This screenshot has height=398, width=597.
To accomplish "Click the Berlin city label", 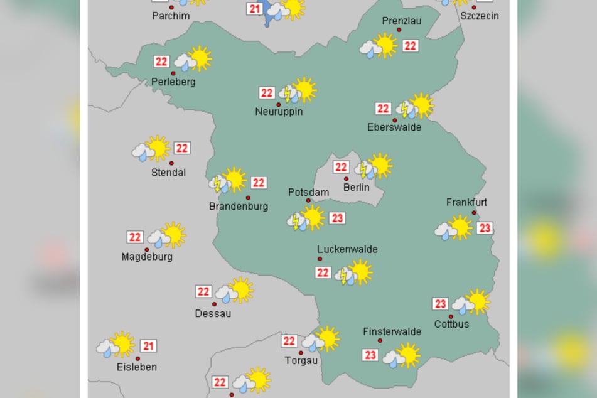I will [x=356, y=187].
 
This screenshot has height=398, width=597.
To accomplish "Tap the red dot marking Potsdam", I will [x=308, y=201].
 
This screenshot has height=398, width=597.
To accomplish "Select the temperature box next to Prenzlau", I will [x=411, y=46].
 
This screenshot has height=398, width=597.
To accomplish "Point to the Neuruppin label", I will [x=279, y=112].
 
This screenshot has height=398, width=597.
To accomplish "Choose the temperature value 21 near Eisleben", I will [x=148, y=346].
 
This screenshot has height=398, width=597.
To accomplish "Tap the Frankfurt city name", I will [x=466, y=202].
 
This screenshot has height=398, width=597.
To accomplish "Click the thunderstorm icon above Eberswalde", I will [x=415, y=106].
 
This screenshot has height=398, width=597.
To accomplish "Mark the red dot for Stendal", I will [x=171, y=163].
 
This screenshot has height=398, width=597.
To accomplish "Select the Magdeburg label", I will [x=147, y=257].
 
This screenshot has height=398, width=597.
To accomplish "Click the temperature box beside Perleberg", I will [x=161, y=62].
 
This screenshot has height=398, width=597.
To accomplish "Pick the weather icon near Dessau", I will [x=235, y=291].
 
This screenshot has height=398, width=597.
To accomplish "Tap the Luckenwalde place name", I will [x=347, y=249].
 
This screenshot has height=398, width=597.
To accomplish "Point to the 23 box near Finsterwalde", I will [x=370, y=355].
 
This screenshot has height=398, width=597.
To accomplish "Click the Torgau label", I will [x=301, y=360].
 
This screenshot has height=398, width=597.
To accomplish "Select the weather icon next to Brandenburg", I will [x=228, y=180].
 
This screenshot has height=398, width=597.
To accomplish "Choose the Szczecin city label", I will [x=480, y=16].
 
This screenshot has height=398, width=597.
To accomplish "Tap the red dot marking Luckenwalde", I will [x=320, y=259].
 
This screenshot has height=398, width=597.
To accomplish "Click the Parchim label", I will [x=171, y=16].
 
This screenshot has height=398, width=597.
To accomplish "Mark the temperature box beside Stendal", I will [x=182, y=148].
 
